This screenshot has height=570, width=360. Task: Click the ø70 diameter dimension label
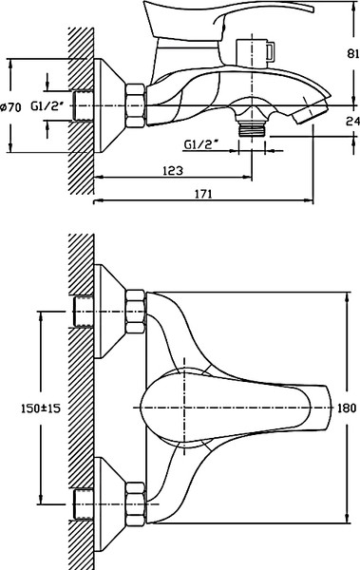(10, 107)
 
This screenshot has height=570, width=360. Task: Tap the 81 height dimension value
(352, 53)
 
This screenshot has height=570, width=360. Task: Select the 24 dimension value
(352, 121)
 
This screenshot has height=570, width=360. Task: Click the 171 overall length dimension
(203, 194)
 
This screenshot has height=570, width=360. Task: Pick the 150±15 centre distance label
(40, 408)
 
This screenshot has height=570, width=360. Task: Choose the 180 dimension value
(347, 408)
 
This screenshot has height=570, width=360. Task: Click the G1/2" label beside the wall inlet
(47, 106)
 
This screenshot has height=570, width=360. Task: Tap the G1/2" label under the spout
(201, 144)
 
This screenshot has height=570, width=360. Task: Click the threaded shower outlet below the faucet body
(252, 128)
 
